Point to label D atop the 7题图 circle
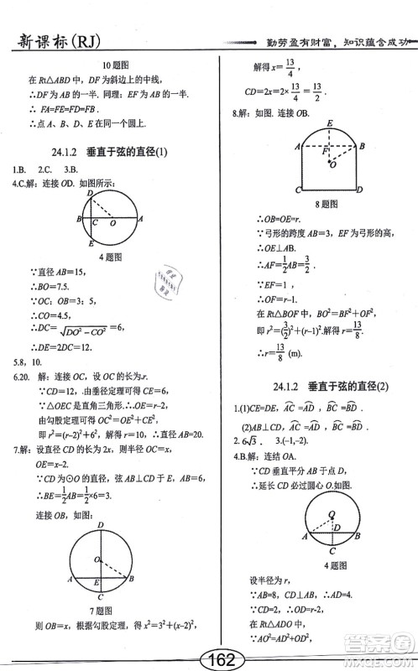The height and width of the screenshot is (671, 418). pos(101,525)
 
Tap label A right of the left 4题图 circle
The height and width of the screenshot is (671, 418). pos(140,219)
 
